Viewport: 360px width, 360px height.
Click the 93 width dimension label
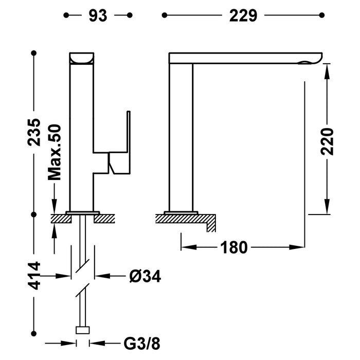coord(97,16)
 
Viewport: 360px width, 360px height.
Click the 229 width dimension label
coord(243,16)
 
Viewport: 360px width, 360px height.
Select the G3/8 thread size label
coord(138,342)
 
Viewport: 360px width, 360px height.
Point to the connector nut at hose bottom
coord(83,331)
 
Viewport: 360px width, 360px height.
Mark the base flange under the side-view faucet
coord(181,212)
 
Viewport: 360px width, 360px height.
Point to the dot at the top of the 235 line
coord(34,53)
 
